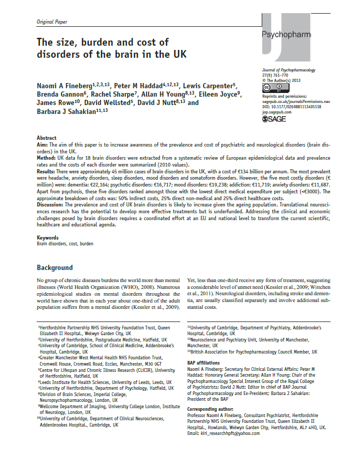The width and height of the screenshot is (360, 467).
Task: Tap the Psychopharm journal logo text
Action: pos(286,35)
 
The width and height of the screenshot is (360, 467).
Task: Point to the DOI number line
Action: pos(291,107)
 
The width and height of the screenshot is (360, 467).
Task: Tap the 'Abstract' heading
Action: pos(46,138)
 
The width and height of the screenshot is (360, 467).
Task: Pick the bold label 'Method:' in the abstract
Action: pos(47,157)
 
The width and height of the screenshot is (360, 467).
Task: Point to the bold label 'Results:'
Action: pos(47,171)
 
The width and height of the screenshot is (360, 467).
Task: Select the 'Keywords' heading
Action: pos(47,238)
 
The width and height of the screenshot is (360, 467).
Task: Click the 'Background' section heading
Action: pos(55,268)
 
